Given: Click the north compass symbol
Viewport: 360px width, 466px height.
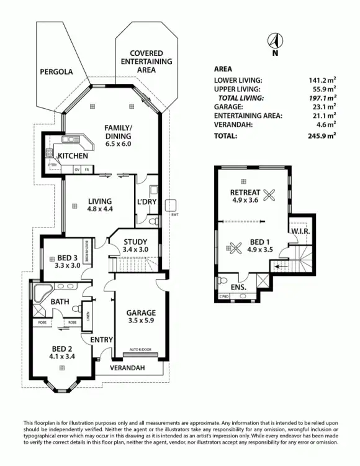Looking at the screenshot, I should [272, 42].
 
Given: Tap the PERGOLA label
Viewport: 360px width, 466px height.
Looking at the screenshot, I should [56, 72].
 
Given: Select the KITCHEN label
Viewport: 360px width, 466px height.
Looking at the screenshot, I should [73, 156].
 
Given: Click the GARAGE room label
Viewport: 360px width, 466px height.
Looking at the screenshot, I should [141, 313].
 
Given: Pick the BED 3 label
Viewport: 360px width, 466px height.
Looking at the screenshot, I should [68, 258].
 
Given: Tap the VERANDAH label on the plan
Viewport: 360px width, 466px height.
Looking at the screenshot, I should [128, 368].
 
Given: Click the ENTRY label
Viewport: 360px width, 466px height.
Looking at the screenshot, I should [101, 340].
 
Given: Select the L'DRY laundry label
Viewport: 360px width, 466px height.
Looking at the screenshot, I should [146, 202].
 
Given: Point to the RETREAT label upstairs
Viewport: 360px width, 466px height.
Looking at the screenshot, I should [244, 192].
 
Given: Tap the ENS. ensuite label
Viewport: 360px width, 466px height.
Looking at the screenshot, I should [238, 288].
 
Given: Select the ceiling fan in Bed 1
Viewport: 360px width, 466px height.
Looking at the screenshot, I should [235, 247].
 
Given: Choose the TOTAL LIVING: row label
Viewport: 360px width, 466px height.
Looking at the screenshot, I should [241, 98].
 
